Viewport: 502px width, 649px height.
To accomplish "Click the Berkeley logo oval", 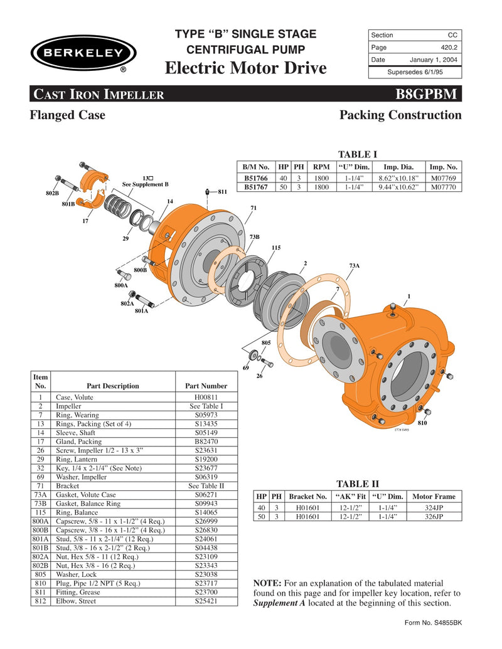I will point(81,53).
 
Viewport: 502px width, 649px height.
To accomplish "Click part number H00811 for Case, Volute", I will point(206,397).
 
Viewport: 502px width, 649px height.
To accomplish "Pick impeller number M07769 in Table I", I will point(443,178).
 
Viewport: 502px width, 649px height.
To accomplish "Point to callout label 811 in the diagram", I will point(222,192).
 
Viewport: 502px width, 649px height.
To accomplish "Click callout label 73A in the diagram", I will point(355,266).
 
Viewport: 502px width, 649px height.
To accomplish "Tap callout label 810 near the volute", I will point(422,423).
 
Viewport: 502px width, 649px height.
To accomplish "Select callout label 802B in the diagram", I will point(53,193).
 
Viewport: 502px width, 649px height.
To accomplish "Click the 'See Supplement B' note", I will point(145,184).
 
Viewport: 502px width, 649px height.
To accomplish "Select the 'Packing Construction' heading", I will point(400,115).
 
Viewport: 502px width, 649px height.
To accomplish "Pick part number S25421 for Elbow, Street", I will point(206,600).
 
